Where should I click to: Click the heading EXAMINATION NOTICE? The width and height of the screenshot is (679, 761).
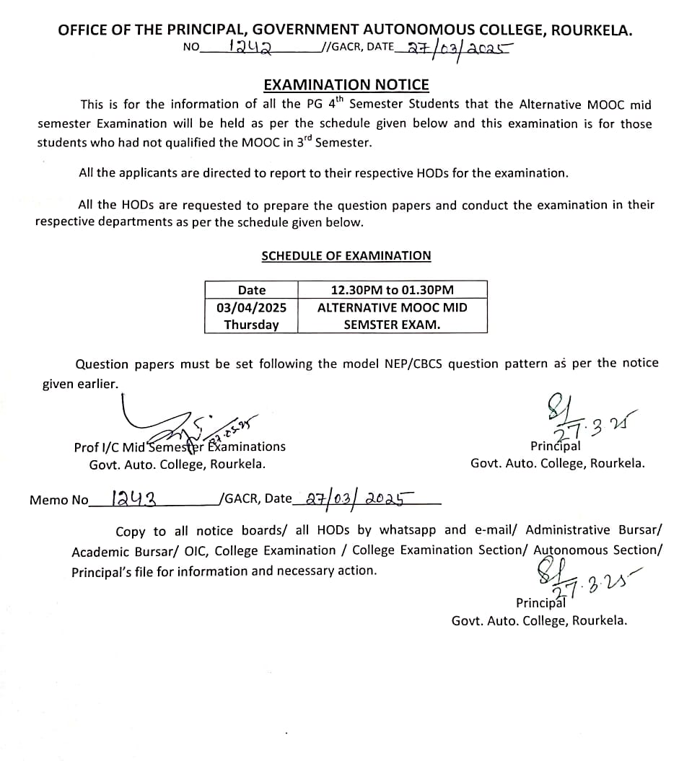pyautogui.click(x=346, y=85)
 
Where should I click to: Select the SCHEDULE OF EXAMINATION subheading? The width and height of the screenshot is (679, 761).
pyautogui.click(x=346, y=256)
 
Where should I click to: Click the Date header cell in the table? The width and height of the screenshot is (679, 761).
pyautogui.click(x=251, y=290)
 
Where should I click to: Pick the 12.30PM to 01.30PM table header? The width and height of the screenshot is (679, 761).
pyautogui.click(x=392, y=290)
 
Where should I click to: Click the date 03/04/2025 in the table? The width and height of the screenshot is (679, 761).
pyautogui.click(x=251, y=307)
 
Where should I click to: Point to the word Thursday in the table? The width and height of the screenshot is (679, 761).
pyautogui.click(x=251, y=325)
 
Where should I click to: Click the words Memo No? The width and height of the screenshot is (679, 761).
pyautogui.click(x=58, y=500)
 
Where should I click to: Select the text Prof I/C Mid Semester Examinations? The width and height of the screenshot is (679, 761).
pyautogui.click(x=180, y=447)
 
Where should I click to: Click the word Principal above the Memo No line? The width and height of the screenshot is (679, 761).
pyautogui.click(x=555, y=447)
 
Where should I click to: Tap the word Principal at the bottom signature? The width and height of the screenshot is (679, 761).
pyautogui.click(x=540, y=603)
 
